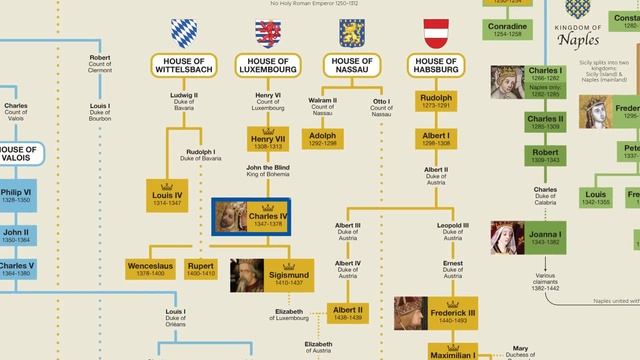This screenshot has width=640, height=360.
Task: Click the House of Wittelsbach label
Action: click(x=183, y=66)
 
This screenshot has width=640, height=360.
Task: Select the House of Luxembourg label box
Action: click(x=267, y=66)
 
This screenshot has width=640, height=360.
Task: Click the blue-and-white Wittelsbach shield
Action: click(x=183, y=32)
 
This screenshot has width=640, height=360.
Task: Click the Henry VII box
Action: click(x=267, y=139)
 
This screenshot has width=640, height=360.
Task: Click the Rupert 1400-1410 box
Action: click(x=201, y=269)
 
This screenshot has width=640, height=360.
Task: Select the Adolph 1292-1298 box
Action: click(x=322, y=139)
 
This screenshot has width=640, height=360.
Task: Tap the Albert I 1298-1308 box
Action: click(x=434, y=139)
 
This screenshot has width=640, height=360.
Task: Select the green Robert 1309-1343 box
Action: click(x=546, y=155)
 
